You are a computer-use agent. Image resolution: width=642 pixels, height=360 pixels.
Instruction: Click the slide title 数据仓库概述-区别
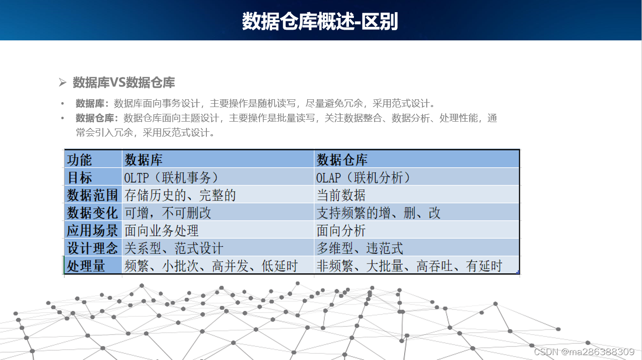click(x=320, y=22)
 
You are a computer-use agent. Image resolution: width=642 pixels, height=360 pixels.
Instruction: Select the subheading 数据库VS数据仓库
click(x=124, y=83)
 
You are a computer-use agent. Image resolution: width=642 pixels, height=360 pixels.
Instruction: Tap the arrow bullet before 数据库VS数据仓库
click(x=62, y=83)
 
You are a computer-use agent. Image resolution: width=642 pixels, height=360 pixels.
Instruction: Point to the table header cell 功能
click(x=79, y=160)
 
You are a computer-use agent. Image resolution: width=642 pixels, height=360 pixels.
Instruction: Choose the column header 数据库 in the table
click(x=144, y=160)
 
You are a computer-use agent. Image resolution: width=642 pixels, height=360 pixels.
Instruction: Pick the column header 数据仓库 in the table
click(x=342, y=160)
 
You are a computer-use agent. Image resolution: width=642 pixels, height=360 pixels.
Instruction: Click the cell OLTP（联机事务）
click(x=171, y=178)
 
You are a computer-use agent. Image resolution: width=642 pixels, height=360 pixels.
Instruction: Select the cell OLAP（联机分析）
click(x=364, y=178)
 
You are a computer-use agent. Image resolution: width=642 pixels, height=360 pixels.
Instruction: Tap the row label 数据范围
click(x=92, y=195)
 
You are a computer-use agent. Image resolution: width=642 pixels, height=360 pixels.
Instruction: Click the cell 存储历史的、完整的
click(x=180, y=195)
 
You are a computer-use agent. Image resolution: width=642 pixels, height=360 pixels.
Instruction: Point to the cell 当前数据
click(x=341, y=195)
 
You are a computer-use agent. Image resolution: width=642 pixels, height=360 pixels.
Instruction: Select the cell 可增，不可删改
click(x=168, y=213)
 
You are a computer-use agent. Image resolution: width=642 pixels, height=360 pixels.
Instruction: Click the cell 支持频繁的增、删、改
click(x=379, y=213)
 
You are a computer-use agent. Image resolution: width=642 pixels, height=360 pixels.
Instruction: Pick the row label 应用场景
click(x=92, y=230)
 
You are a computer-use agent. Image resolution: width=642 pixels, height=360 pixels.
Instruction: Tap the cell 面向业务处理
click(x=162, y=230)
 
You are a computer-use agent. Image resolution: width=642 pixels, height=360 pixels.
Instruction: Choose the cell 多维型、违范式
click(x=360, y=248)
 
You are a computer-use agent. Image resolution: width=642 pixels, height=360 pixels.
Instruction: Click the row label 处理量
click(x=86, y=266)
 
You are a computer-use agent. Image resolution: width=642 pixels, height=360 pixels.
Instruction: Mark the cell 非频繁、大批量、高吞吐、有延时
click(x=409, y=266)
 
